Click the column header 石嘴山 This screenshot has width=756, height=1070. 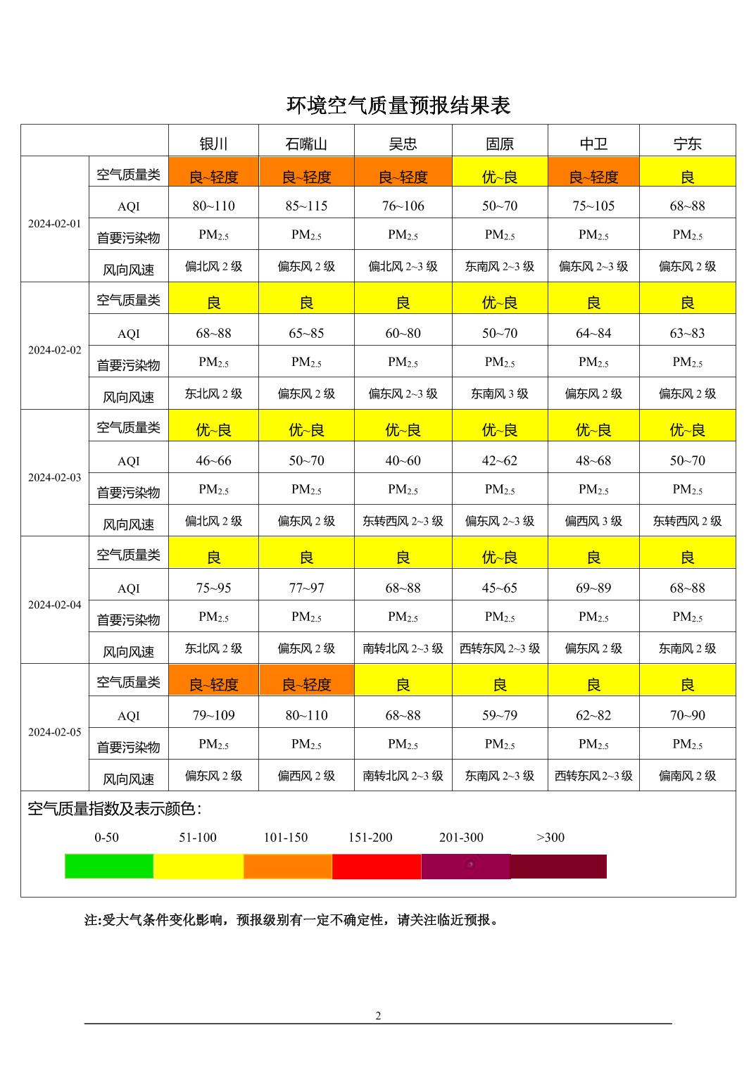click(306, 144)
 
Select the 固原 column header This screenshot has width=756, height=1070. click(500, 144)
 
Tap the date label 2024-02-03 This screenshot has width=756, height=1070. click(55, 477)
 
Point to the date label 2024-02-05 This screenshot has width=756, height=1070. click(55, 732)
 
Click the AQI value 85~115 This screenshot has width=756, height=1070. click(306, 206)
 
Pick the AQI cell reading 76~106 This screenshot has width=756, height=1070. click(403, 206)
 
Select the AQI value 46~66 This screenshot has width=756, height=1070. click(213, 460)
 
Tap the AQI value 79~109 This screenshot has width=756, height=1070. click(213, 715)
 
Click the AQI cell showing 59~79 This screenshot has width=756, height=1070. click(500, 715)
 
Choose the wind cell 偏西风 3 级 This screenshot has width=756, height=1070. click(593, 521)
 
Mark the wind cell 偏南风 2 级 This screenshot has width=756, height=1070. click(687, 776)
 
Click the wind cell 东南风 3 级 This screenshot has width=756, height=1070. click(500, 394)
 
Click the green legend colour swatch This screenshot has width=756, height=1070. click(109, 866)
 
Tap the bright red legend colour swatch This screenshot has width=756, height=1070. click(377, 866)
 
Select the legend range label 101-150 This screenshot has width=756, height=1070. click(286, 837)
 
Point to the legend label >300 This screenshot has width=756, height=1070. click(550, 837)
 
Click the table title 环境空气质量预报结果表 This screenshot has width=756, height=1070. click(398, 106)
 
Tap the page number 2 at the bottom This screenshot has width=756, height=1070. click(378, 1015)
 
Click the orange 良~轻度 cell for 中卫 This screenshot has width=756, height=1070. click(593, 177)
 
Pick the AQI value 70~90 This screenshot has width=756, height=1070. click(687, 715)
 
